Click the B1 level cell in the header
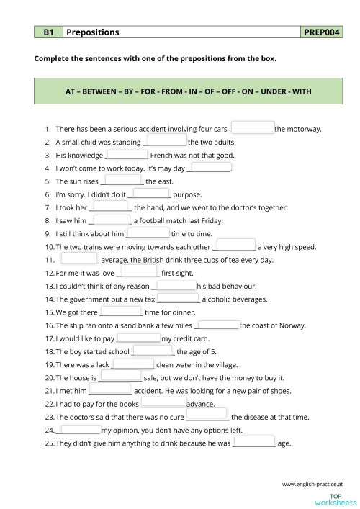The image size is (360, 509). coord(49,32)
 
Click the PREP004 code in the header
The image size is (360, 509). coord(323,32)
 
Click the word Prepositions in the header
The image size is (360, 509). coord(93,32)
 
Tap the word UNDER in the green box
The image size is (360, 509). coord(257,91)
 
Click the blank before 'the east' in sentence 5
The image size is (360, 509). coord(122,180)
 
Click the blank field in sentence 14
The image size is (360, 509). coord(179,297)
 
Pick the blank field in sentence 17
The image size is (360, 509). coord(138,336)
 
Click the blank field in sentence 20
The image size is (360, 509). coord(120,375)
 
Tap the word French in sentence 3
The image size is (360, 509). coord(161,156)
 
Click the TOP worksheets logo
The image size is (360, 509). coord(336,498)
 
